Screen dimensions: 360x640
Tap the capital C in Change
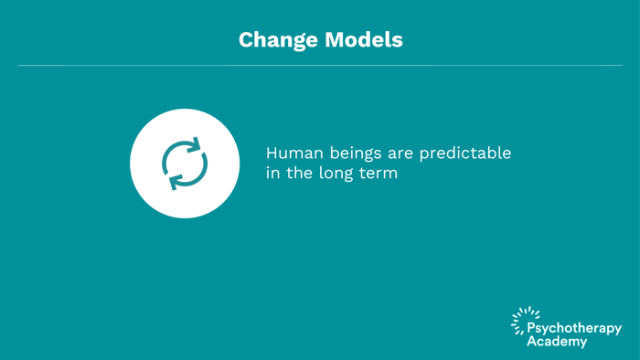click(x=246, y=40)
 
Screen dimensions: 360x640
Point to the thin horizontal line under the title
click(x=320, y=65)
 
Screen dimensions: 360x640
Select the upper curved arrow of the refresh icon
click(x=187, y=150)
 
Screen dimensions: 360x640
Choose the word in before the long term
click(x=272, y=173)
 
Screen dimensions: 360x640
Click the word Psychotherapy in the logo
click(x=574, y=328)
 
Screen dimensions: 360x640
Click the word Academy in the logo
click(x=557, y=342)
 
